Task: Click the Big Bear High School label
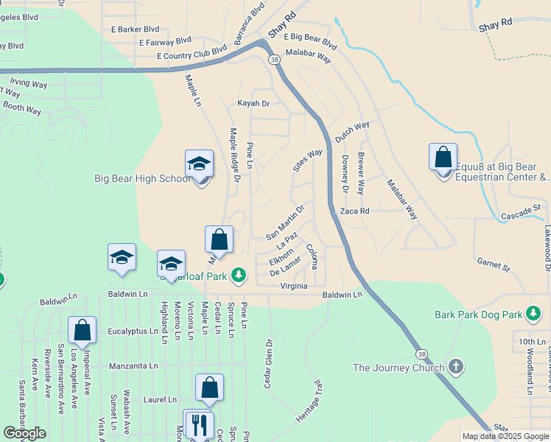(143, 178)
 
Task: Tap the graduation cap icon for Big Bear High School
(199, 164)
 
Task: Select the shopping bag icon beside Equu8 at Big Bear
(443, 158)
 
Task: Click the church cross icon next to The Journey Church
(456, 367)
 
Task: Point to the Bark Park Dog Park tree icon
(533, 315)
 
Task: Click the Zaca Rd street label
(354, 211)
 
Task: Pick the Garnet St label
(493, 264)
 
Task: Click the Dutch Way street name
(352, 131)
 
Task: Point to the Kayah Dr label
(253, 104)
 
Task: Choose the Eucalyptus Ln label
(133, 331)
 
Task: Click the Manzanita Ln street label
(133, 365)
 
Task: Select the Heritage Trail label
(309, 401)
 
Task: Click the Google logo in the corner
(25, 433)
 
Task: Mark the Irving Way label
(29, 83)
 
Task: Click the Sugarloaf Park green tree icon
(238, 276)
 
